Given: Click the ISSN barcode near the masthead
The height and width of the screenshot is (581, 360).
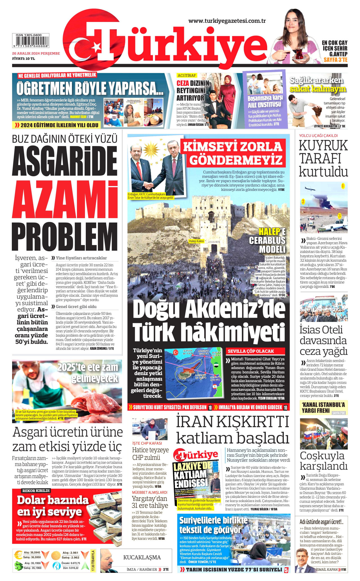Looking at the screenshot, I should click(30, 41).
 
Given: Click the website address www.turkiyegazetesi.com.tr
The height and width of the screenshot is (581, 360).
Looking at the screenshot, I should click(227, 21).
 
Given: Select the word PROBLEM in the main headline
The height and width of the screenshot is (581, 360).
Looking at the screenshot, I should click(65, 237).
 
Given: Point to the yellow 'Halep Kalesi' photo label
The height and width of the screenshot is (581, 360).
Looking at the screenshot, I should click(196, 241).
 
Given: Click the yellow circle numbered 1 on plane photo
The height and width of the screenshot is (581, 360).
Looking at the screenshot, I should click(343, 186).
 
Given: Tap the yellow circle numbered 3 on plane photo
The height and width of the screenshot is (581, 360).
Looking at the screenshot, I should click(339, 216).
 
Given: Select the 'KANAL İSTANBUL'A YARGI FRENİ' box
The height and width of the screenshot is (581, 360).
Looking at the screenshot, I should click(323, 408).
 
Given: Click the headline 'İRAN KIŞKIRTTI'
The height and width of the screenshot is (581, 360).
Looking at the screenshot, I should click(233, 422).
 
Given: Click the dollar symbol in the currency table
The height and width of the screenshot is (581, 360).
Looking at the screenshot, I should click(19, 566).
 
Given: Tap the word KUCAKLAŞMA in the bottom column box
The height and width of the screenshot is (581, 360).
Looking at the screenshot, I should click(142, 557).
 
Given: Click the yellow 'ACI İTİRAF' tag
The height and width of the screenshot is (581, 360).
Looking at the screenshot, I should click(187, 76).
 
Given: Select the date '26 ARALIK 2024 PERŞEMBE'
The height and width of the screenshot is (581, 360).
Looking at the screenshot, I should click(36, 53).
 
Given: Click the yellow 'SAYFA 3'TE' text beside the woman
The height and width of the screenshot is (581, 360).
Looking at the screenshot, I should click(335, 60).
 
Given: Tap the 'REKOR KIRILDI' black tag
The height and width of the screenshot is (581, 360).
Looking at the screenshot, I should click(36, 490).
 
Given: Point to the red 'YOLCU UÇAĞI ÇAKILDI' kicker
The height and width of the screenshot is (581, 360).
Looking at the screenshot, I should click(318, 135).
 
